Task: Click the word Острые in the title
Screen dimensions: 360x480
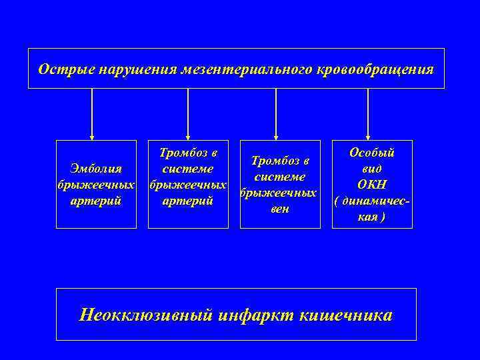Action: pyautogui.click(x=61, y=69)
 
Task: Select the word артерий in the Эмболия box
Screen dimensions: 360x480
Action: pyautogui.click(x=96, y=199)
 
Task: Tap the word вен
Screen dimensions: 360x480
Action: pyautogui.click(x=279, y=210)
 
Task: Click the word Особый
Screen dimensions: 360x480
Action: pyautogui.click(x=372, y=153)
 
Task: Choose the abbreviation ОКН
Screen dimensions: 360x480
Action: pyautogui.click(x=372, y=185)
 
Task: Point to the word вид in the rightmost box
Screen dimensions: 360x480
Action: pyautogui.click(x=372, y=169)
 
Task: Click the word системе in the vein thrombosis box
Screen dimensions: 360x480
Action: pyautogui.click(x=279, y=177)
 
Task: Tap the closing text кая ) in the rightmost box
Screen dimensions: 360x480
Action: pyautogui.click(x=372, y=217)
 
